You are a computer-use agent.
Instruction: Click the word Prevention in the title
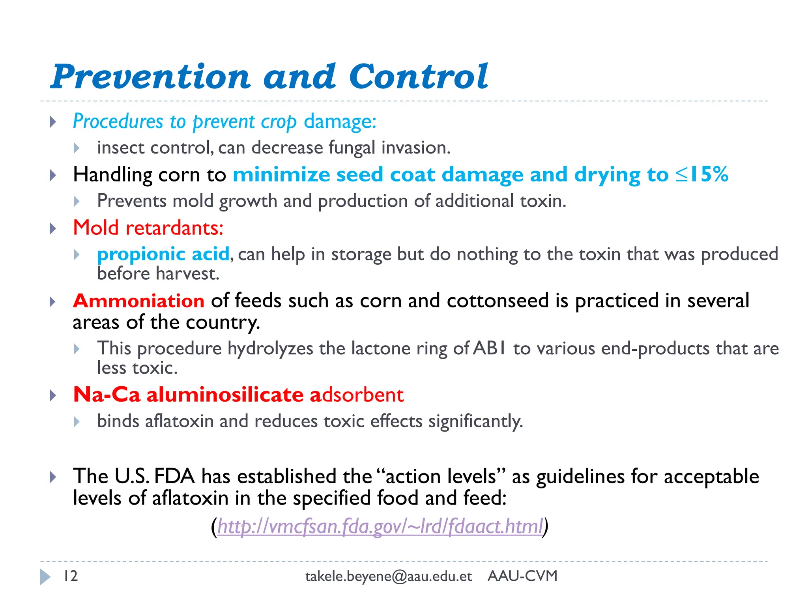[x=150, y=77]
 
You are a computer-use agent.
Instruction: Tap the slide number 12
[x=71, y=576]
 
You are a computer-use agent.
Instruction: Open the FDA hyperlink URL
[x=380, y=526]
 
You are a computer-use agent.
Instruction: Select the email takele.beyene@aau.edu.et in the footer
[x=388, y=576]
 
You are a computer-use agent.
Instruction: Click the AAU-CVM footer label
[x=522, y=576]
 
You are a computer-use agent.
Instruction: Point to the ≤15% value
[x=701, y=174]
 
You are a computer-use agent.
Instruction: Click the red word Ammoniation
[x=138, y=301]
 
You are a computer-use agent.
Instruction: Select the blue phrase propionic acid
[x=163, y=254]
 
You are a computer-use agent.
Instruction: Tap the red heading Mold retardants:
[x=148, y=228]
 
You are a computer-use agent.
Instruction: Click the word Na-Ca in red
[x=107, y=395]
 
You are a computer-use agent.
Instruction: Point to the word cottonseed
[x=498, y=301]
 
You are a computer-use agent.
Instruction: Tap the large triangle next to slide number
[x=45, y=576]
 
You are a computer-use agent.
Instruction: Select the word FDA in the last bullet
[x=174, y=476]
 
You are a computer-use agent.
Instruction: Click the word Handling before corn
[x=112, y=175]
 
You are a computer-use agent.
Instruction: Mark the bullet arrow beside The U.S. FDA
[x=53, y=477]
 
